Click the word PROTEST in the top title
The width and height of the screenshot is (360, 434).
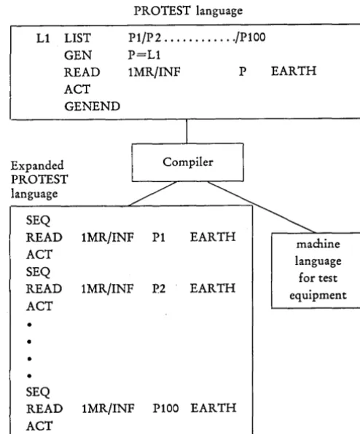162,11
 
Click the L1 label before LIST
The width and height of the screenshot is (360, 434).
43,38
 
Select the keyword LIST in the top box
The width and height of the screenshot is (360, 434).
77,38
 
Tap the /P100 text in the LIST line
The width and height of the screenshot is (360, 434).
250,37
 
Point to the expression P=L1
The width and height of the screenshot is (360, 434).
144,55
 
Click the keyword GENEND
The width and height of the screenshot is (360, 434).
93,106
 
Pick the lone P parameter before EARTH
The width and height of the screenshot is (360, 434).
243,71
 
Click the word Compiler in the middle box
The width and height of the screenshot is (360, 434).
188,162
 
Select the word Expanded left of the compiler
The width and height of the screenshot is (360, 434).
37,165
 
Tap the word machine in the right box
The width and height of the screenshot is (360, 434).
318,244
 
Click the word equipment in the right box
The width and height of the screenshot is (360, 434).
318,296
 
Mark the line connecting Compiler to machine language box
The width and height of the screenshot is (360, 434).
262,207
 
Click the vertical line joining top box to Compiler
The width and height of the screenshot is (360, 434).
187,131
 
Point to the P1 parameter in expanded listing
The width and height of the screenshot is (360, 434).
158,237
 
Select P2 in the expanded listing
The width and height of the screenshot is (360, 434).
159,289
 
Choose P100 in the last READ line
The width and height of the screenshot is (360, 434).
165,409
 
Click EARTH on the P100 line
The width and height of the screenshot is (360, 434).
214,409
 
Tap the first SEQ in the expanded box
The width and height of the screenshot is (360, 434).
38,221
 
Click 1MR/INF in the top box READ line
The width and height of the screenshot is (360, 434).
154,72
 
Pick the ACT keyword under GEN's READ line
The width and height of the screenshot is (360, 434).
77,90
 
